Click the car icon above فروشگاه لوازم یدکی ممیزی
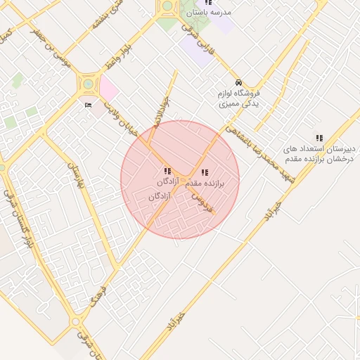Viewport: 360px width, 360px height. pyautogui.click(x=239, y=82)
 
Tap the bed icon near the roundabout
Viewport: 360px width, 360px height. pyautogui.click(x=88, y=105)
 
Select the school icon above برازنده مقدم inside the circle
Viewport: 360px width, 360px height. pyautogui.click(x=204, y=172)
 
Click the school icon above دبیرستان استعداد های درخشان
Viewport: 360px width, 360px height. pyautogui.click(x=319, y=139)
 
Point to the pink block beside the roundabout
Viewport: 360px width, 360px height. pyautogui.click(x=108, y=89)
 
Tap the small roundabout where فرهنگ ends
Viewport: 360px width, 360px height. pyautogui.click(x=75, y=323)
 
